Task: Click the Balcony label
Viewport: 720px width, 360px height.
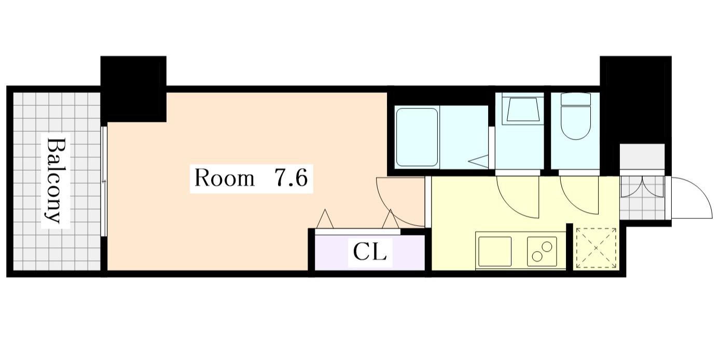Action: (56, 181)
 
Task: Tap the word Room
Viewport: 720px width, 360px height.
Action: (224, 179)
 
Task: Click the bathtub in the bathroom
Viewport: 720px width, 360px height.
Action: (417, 137)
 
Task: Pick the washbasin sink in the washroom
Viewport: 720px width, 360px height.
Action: (520, 108)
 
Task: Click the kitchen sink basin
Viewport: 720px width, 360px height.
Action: (495, 252)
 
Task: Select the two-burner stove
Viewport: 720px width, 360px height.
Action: (542, 252)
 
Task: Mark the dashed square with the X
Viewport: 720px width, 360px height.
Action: (596, 248)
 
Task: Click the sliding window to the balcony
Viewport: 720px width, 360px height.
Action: (104, 182)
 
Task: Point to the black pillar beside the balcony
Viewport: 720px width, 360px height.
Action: (133, 89)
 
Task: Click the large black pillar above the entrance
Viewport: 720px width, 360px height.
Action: (635, 100)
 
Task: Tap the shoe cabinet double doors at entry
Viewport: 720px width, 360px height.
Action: (642, 186)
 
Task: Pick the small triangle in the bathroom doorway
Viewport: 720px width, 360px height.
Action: (479, 161)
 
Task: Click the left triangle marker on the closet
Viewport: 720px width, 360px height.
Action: (325, 219)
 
